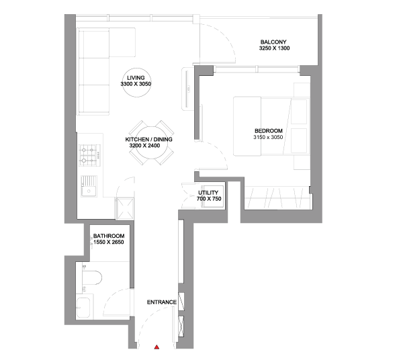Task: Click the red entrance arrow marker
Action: (x=157, y=347)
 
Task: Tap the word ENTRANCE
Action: (x=162, y=302)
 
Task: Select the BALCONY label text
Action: (x=273, y=42)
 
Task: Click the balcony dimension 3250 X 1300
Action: (x=274, y=48)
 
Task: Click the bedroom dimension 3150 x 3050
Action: (x=268, y=138)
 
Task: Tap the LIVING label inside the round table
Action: (x=136, y=78)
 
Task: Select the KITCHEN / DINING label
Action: (x=149, y=140)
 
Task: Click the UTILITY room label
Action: (x=208, y=193)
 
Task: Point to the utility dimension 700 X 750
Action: (x=209, y=199)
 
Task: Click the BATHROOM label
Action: (x=109, y=236)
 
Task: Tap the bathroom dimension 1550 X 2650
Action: (x=109, y=242)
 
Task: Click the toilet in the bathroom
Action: (x=91, y=277)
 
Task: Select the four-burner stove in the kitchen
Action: (x=89, y=155)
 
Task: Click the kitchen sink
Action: (x=89, y=186)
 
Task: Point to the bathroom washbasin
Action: (x=83, y=308)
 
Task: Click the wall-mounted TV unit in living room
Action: (x=188, y=89)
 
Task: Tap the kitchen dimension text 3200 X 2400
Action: (x=144, y=146)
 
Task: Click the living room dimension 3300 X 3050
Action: (x=136, y=84)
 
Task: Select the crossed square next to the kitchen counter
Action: (x=125, y=209)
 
